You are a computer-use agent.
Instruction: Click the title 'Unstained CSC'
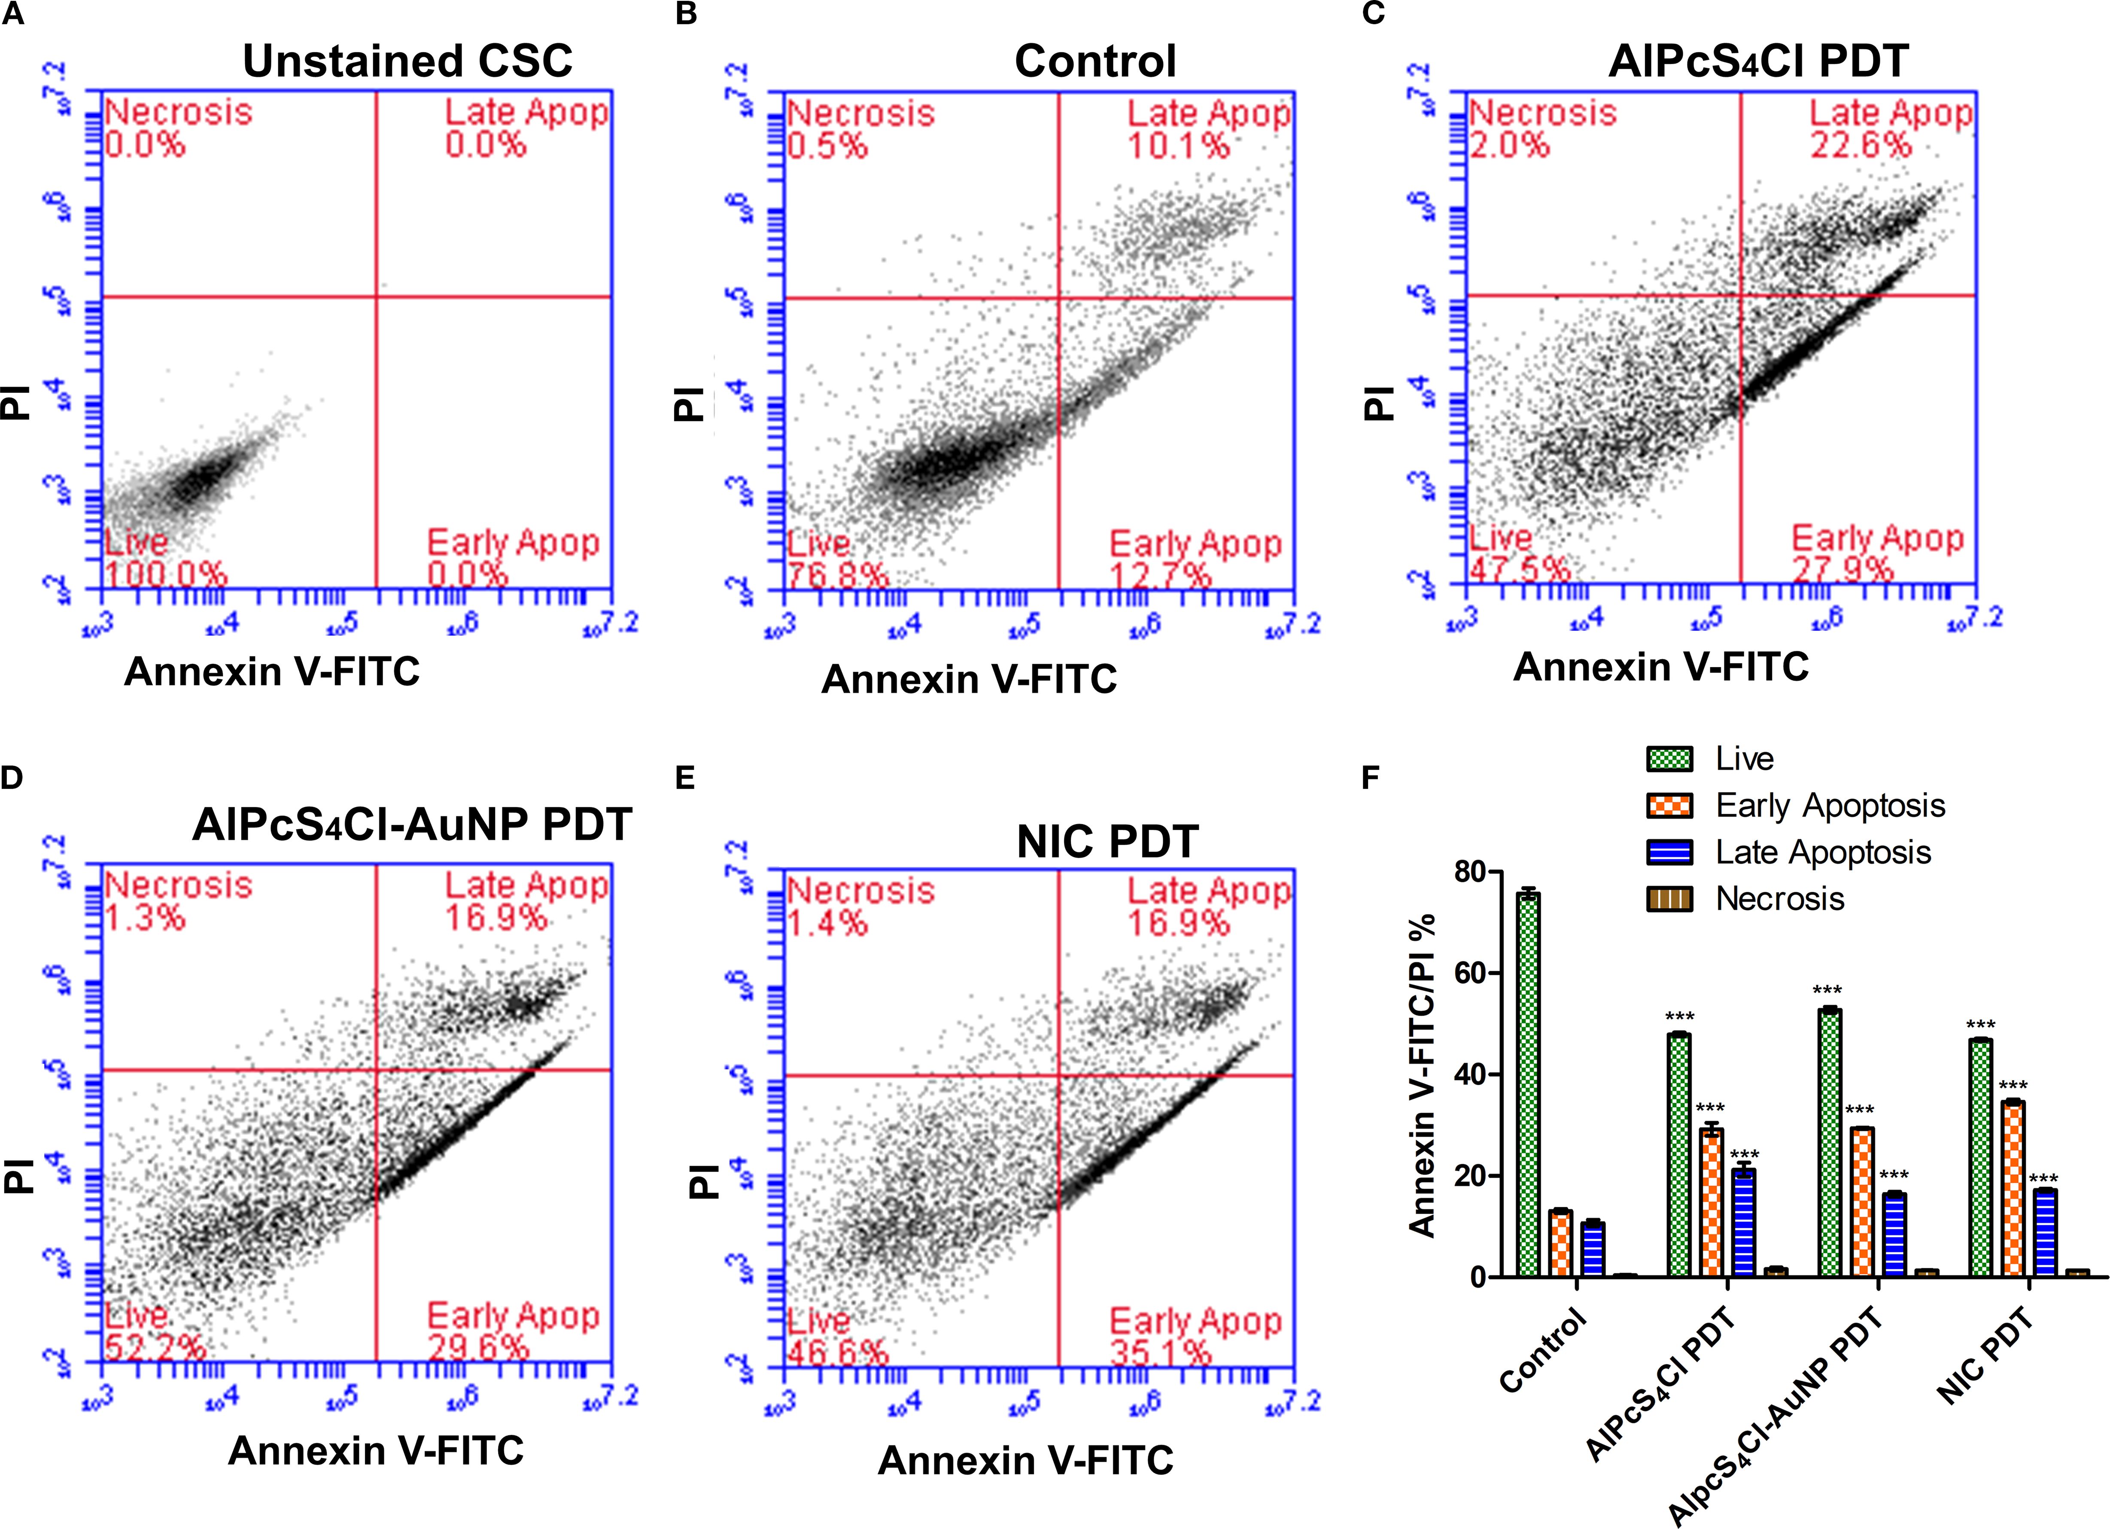coord(407,61)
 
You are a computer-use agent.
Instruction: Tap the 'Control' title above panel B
coord(1095,61)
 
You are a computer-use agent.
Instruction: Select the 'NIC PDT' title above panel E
coord(1107,842)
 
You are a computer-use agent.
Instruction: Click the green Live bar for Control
coord(1528,1084)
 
